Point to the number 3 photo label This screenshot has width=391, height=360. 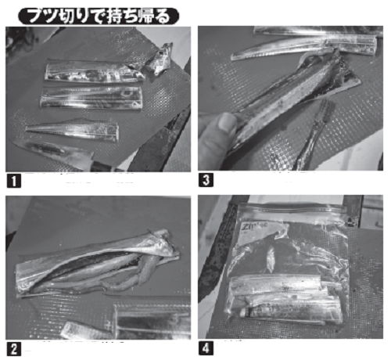tap(206, 180)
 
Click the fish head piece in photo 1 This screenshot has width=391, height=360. tap(163, 59)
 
